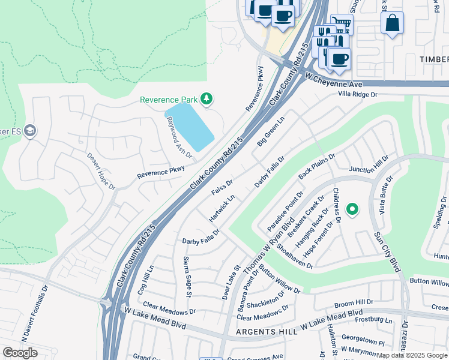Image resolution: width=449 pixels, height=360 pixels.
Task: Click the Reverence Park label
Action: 169,100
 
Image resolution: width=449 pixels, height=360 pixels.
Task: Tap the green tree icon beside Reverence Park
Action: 206,98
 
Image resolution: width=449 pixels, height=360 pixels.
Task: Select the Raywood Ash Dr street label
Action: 179,137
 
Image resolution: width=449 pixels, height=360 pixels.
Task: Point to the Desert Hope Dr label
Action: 101,171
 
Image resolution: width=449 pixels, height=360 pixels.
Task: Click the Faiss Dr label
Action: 222,187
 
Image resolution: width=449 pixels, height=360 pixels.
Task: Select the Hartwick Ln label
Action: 221,209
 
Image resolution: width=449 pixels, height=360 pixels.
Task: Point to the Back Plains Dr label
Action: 316,166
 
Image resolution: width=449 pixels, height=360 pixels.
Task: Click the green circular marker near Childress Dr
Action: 352,209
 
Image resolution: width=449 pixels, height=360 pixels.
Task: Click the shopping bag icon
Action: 392,23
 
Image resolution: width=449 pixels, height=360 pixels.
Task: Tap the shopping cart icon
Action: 342,23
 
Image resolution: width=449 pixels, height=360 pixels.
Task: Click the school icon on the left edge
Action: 31,130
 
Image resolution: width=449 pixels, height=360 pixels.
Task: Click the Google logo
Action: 20,352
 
